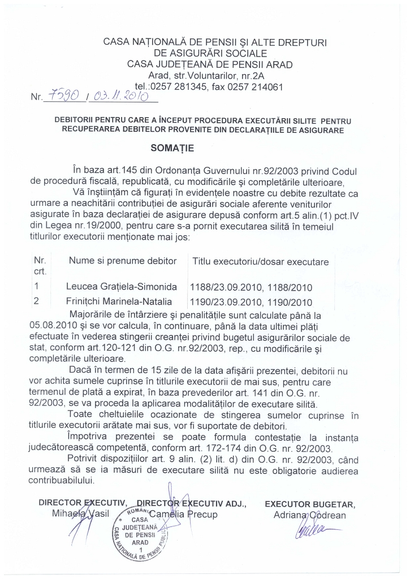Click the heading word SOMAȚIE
[171, 148]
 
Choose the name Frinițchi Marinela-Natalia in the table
[119, 301]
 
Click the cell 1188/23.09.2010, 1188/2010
[251, 287]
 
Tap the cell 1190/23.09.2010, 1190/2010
[251, 301]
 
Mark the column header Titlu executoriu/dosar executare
[260, 262]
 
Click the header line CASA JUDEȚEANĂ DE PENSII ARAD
[210, 64]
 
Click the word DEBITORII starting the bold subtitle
[78, 120]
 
